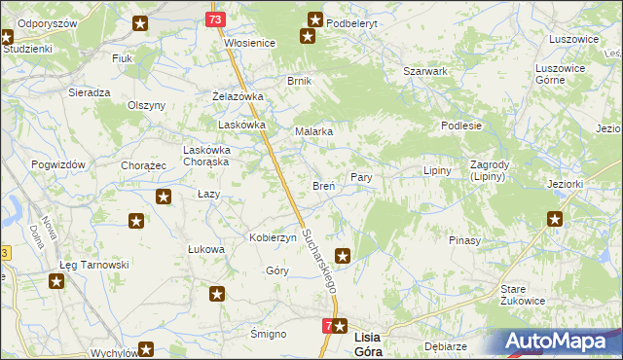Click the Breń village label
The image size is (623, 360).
(323, 186)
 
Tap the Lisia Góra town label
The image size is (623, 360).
(380, 336)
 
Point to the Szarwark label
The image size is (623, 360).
(425, 72)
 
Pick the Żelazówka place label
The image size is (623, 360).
(238, 97)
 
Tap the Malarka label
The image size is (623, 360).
(314, 131)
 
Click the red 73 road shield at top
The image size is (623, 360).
(216, 18)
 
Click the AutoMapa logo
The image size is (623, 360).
(563, 342)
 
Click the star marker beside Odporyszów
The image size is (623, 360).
(142, 22)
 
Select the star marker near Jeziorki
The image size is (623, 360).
(555, 219)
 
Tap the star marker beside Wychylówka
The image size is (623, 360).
(146, 349)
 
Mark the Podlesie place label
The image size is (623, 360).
(461, 126)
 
